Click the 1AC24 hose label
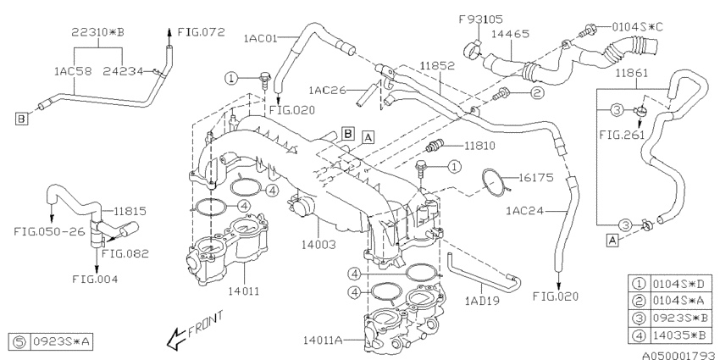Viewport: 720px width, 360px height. click(x=525, y=210)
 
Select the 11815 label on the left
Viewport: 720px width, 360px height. click(x=130, y=208)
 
